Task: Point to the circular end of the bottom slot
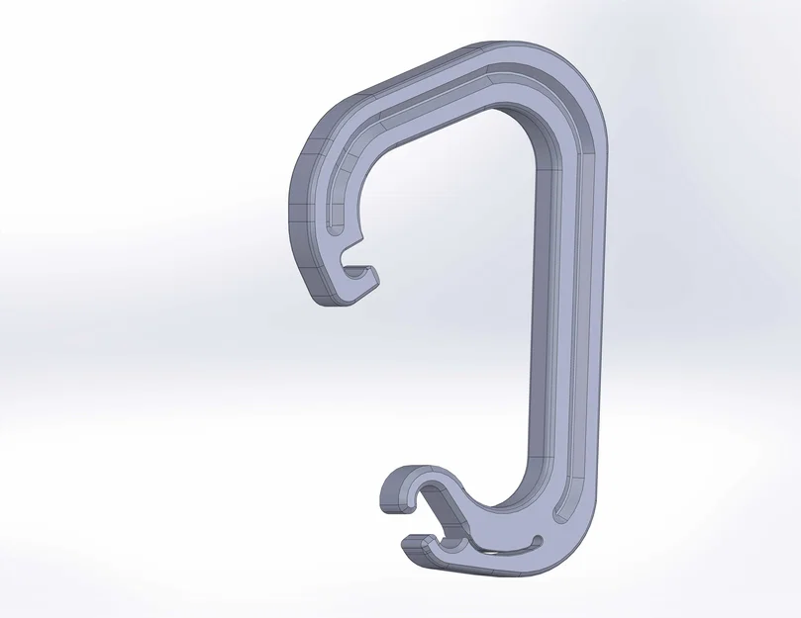coord(537,541)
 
